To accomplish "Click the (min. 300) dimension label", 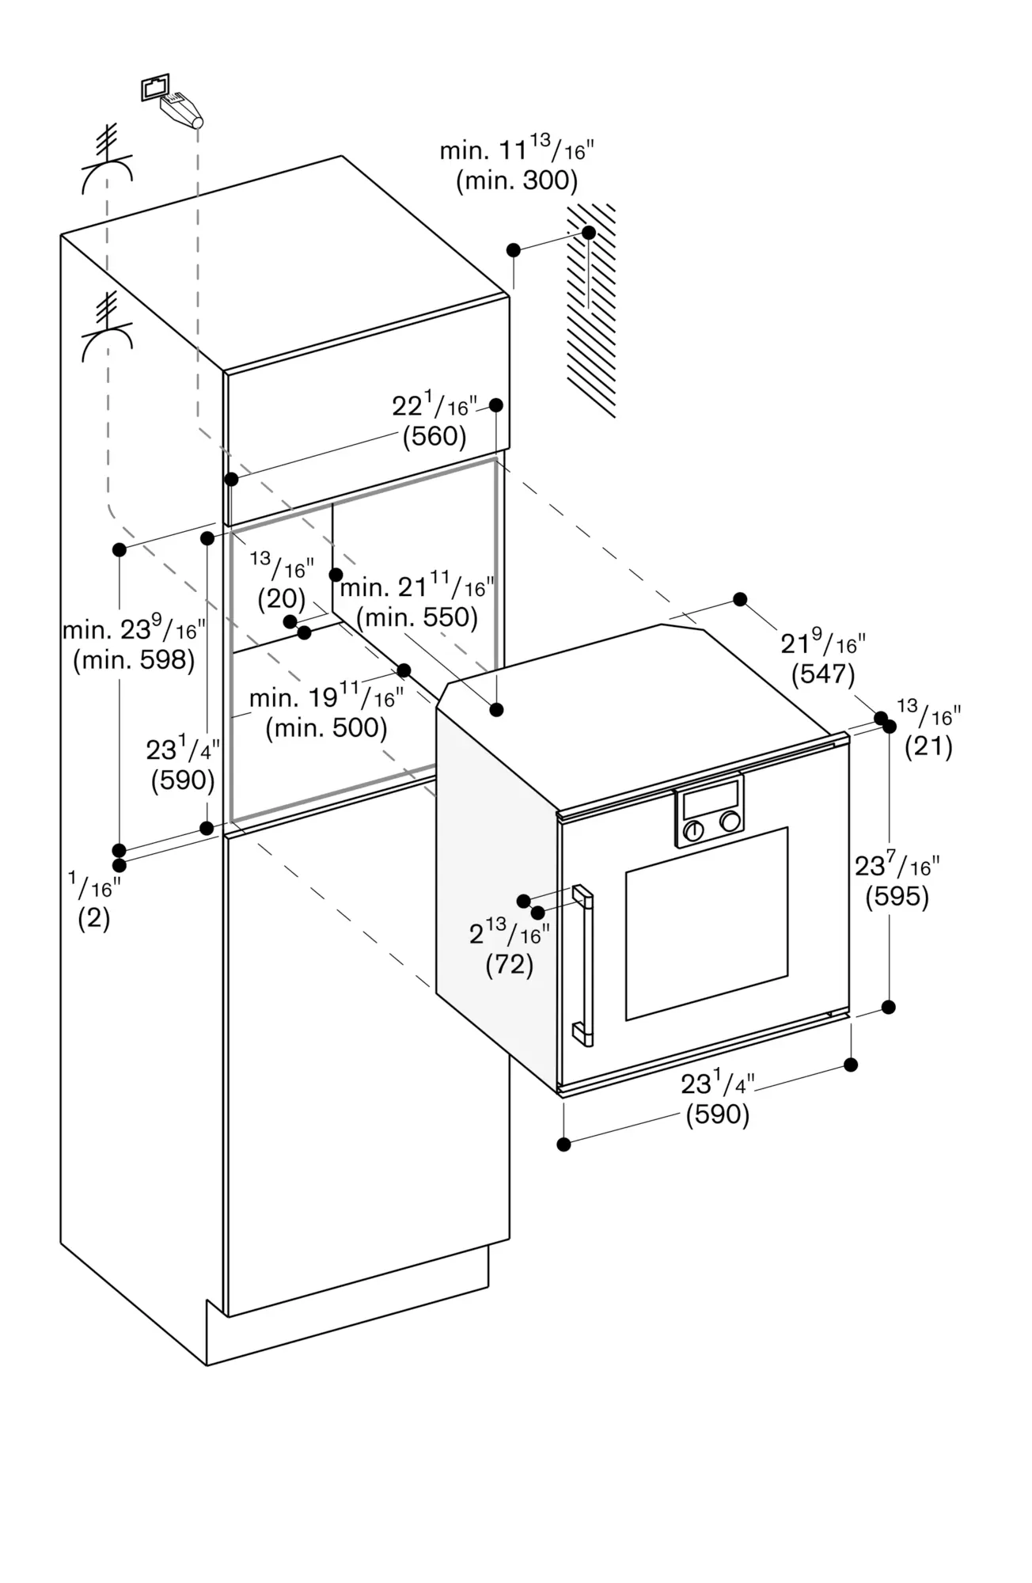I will pos(517,181).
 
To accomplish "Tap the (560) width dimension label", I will pos(434,436).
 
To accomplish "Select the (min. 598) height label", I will pos(134,660).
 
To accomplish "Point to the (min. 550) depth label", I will pos(417,617).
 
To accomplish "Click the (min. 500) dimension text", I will pos(326,728).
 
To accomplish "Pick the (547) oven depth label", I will pos(823,674).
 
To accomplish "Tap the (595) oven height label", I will pos(897,897).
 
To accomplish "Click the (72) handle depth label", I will pos(509,964).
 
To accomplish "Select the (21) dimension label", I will pos(928,746).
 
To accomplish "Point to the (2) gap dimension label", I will pos(93,918).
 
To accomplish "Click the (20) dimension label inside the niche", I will pos(281,598).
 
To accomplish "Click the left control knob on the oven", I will pos(693,830).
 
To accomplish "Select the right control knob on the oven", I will pos(730,822).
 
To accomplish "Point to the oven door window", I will pos(707,923).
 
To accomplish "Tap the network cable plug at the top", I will pos(182,110).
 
